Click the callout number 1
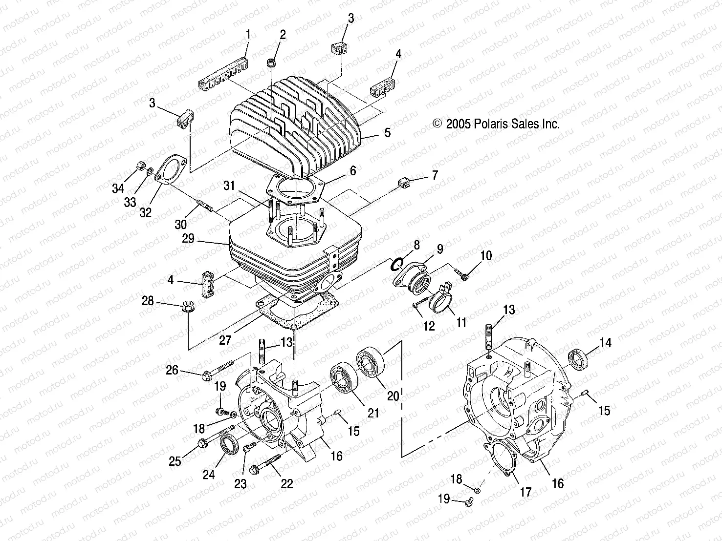248,35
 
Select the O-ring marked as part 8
396,264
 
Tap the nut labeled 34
139,166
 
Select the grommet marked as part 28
188,308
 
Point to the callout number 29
188,239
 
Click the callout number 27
225,340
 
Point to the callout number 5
387,133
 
